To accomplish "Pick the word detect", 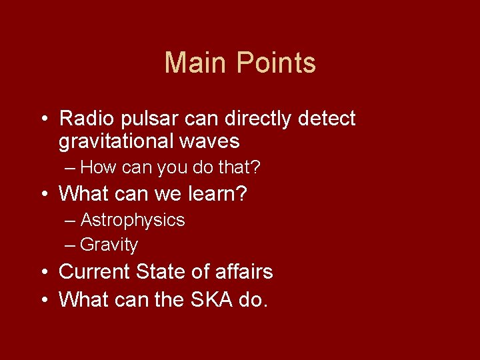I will (x=327, y=119).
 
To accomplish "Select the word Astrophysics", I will (x=133, y=221).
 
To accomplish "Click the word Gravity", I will (x=109, y=245).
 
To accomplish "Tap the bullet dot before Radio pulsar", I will (x=43, y=120).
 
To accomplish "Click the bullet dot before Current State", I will (x=43, y=273).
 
